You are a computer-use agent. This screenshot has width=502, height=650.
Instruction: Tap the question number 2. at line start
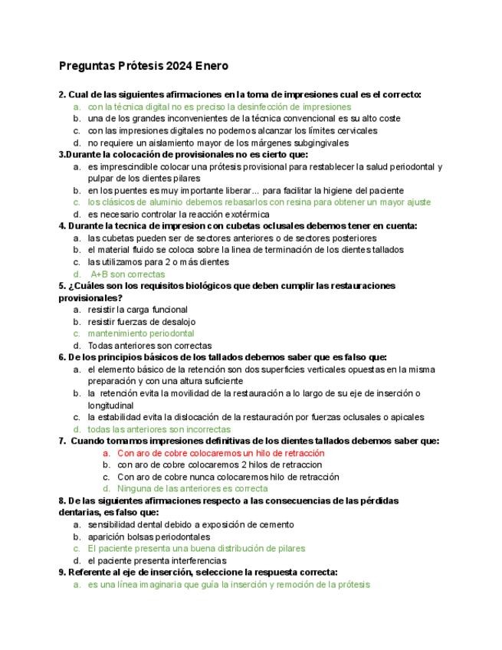click(63, 94)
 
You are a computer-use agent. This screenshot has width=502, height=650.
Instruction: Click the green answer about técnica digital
click(218, 107)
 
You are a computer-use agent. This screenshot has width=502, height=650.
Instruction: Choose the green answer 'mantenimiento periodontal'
click(140, 333)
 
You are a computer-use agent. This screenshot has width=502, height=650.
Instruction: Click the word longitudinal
click(110, 405)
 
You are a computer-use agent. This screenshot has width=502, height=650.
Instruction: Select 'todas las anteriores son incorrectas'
click(159, 429)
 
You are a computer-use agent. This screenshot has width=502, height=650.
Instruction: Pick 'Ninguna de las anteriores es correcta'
click(192, 488)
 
